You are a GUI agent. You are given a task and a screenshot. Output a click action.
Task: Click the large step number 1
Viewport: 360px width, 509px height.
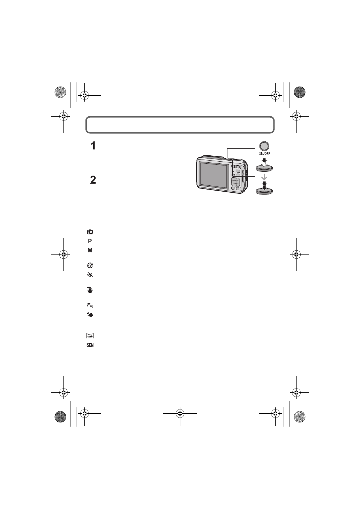point(93,146)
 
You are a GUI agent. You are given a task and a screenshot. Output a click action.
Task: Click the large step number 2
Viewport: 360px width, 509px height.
point(93,180)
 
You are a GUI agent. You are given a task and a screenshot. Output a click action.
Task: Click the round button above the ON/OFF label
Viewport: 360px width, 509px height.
point(264,146)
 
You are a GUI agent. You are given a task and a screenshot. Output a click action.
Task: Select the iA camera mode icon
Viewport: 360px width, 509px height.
point(90,232)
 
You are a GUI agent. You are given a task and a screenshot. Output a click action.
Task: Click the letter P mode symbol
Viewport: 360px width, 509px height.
point(90,241)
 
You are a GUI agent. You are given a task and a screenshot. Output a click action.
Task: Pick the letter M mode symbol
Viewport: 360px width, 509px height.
point(90,250)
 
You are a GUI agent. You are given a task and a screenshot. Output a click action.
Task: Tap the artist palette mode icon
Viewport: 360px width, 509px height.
point(90,266)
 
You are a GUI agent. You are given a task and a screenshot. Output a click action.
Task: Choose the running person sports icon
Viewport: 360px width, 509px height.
point(90,275)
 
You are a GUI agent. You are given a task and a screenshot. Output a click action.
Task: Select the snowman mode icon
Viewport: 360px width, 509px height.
point(90,290)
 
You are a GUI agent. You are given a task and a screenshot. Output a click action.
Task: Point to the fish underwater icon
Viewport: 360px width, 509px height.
point(90,315)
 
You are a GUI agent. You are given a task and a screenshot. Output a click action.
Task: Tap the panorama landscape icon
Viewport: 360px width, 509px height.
point(90,336)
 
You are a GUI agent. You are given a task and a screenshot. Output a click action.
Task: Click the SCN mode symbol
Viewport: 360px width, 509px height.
point(90,345)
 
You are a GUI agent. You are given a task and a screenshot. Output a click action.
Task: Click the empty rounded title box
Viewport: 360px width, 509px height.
point(180,125)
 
